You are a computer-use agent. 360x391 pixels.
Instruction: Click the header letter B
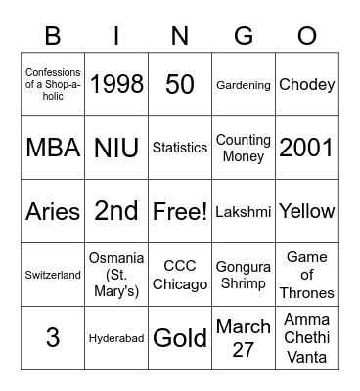click(x=53, y=36)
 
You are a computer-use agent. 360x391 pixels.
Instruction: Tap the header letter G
click(x=244, y=36)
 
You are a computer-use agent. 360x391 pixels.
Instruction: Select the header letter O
click(x=307, y=36)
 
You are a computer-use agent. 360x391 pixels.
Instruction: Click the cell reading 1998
click(x=116, y=85)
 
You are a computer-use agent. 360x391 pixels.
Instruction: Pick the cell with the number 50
click(x=180, y=85)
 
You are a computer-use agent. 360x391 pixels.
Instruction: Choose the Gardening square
click(x=244, y=85)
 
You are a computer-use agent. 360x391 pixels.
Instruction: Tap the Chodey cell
click(x=307, y=85)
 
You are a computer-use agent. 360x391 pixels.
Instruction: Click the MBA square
click(x=53, y=149)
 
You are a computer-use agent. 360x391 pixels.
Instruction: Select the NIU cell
click(x=116, y=149)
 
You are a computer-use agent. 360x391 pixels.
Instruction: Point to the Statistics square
click(x=180, y=149)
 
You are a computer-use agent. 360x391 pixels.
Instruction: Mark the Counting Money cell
click(x=244, y=149)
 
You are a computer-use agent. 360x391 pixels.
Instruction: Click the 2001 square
click(x=307, y=149)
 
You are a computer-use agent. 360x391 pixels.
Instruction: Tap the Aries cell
click(x=53, y=211)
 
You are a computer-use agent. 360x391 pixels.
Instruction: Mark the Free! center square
click(x=180, y=211)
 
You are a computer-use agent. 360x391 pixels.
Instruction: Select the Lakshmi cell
click(x=244, y=211)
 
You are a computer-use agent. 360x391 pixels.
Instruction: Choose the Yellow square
click(x=307, y=211)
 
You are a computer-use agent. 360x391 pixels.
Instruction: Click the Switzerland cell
click(x=53, y=275)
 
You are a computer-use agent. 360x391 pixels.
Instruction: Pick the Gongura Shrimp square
click(x=244, y=275)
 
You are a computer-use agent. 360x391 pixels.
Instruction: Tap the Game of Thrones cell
click(x=307, y=275)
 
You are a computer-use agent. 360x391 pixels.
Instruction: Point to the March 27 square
click(x=244, y=338)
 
